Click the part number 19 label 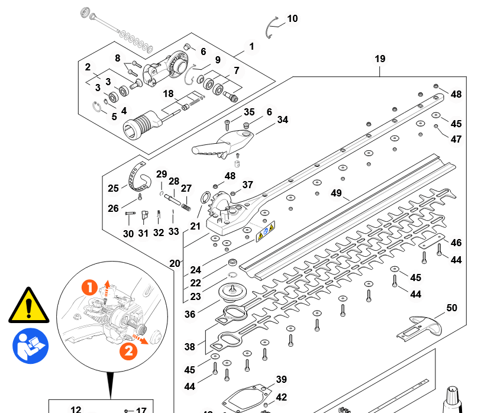(380, 59)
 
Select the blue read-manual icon (30, 347)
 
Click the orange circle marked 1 (89, 288)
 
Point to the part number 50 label (451, 308)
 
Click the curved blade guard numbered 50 (424, 327)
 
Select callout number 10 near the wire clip (292, 19)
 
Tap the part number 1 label (251, 46)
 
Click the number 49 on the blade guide (337, 193)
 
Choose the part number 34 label (282, 120)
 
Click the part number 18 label (169, 93)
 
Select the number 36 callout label (189, 315)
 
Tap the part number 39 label (281, 379)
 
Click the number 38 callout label (189, 347)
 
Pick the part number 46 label (456, 243)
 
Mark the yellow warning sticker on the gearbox (264, 231)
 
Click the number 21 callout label (195, 226)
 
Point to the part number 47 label (456, 140)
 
